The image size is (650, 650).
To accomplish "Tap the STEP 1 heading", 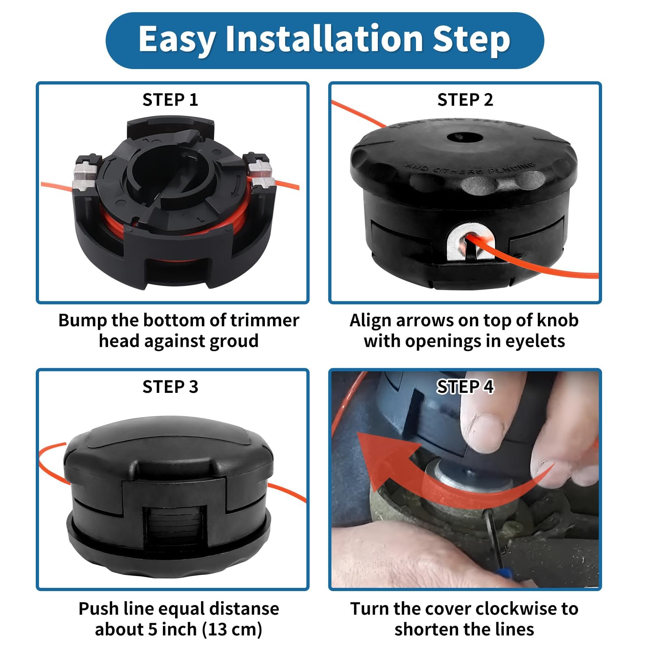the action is point(170,100).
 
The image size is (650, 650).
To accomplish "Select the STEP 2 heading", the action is point(465,100).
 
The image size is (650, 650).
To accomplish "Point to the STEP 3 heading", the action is point(170,387).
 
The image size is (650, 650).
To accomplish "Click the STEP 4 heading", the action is point(465,387).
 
